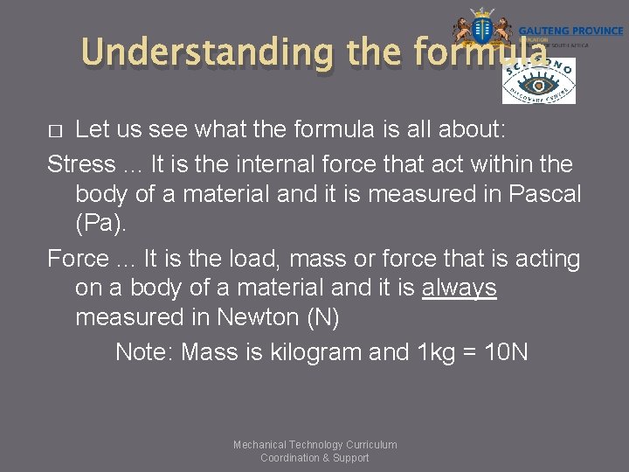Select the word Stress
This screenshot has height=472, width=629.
tap(81, 163)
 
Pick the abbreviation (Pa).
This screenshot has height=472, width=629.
tap(101, 224)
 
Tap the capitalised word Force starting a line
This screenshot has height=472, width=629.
tap(81, 259)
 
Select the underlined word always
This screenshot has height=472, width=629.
tap(459, 288)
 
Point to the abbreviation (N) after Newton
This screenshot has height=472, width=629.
tap(322, 317)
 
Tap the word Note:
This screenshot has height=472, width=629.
tap(144, 352)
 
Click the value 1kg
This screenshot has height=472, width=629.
tap(437, 352)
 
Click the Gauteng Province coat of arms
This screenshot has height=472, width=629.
tap(481, 28)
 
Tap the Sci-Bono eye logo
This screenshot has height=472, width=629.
tap(538, 82)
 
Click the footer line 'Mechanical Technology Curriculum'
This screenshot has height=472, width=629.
tap(314, 445)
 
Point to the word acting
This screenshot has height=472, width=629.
tap(545, 259)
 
